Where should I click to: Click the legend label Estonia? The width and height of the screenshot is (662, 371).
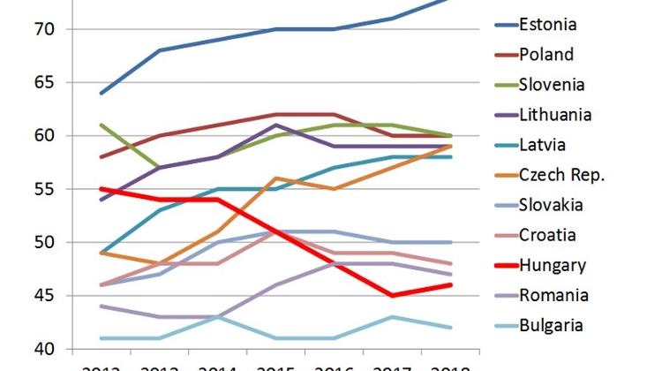pyautogui.click(x=549, y=23)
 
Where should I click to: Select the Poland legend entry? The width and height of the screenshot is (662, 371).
pyautogui.click(x=545, y=54)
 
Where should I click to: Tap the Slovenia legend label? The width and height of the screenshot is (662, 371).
pyautogui.click(x=553, y=84)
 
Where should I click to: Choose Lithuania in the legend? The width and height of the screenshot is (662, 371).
pyautogui.click(x=556, y=114)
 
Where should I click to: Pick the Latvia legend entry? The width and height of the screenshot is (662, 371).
pyautogui.click(x=543, y=144)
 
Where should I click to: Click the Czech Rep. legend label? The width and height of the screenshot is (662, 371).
pyautogui.click(x=561, y=175)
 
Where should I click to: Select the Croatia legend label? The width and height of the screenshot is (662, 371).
pyautogui.click(x=547, y=235)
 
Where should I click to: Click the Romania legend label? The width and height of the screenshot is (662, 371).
pyautogui.click(x=553, y=295)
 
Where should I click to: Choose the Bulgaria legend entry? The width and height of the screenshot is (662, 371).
pyautogui.click(x=552, y=325)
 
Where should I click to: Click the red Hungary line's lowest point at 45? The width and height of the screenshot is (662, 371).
pyautogui.click(x=391, y=295)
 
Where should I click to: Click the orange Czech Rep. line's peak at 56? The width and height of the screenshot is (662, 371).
pyautogui.click(x=276, y=178)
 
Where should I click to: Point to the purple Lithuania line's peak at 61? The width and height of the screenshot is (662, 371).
pyautogui.click(x=276, y=125)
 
